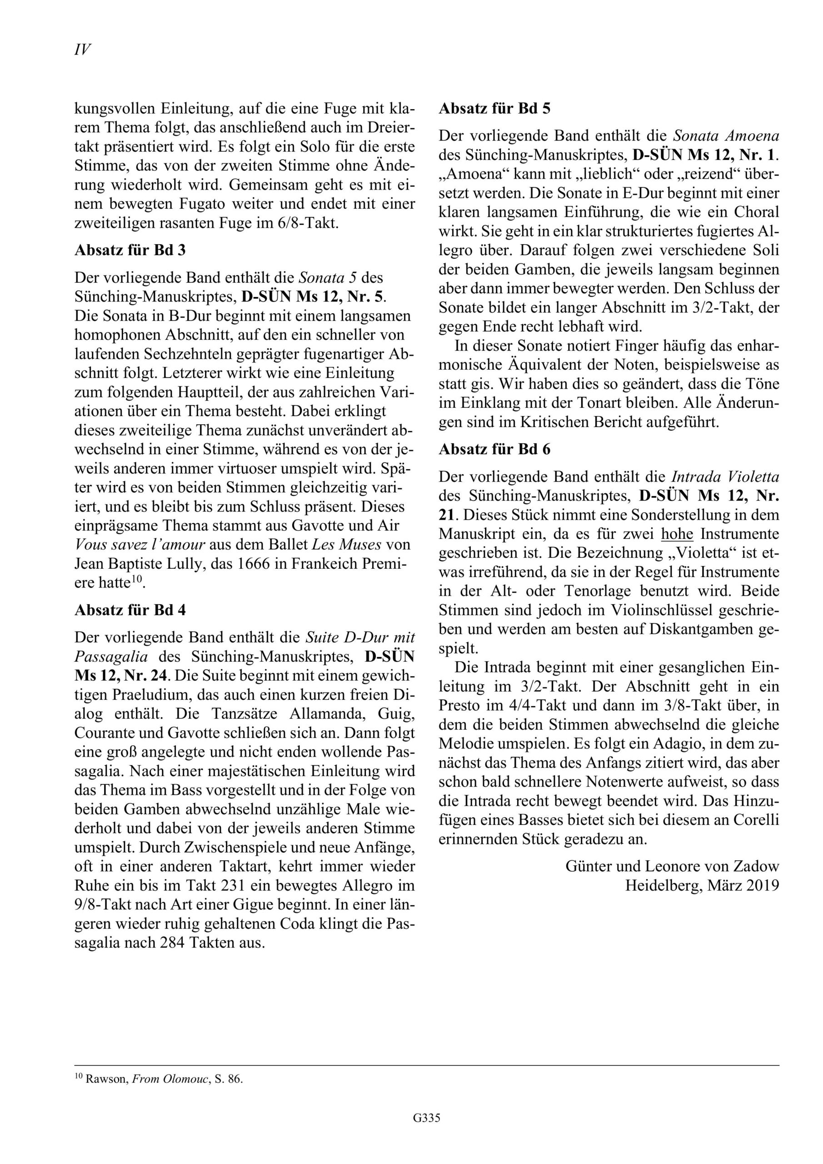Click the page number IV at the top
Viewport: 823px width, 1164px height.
(83, 50)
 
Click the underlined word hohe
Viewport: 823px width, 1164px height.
(677, 534)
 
